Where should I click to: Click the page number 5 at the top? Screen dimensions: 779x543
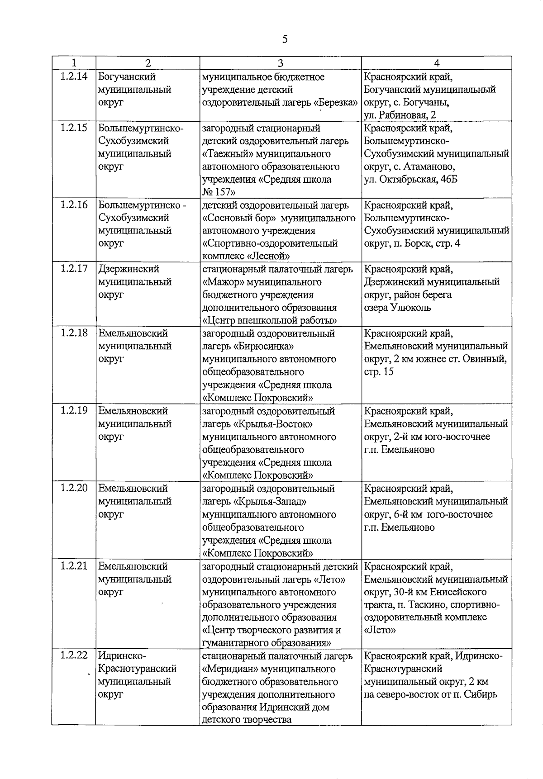coord(285,39)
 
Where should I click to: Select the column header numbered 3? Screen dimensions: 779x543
coord(281,63)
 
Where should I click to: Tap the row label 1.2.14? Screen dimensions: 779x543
coord(74,76)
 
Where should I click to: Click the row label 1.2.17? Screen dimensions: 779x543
coord(74,269)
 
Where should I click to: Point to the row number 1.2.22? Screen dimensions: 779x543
coord(74,655)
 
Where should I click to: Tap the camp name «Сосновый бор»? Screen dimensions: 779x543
coord(239,218)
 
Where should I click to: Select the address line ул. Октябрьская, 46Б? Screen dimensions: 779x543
coord(410,179)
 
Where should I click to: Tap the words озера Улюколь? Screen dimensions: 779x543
coord(397,308)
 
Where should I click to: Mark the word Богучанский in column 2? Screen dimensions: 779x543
coord(127,76)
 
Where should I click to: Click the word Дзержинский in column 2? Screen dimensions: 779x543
coord(129,269)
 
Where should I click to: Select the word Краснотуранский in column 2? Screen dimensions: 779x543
coord(137,669)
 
